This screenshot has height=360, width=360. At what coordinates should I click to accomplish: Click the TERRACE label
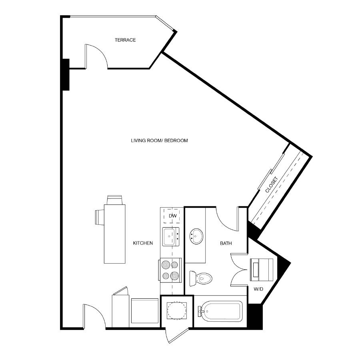click(x=125, y=40)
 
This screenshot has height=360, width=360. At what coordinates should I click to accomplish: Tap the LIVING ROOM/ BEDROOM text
click(x=159, y=140)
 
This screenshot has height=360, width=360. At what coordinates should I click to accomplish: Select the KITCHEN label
click(x=143, y=243)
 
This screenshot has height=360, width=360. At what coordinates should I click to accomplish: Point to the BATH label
click(x=226, y=243)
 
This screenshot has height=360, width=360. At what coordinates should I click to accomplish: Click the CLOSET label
click(x=272, y=184)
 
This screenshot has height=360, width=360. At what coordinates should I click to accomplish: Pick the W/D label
click(x=258, y=289)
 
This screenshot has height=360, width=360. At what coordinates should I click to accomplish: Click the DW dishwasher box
click(x=172, y=216)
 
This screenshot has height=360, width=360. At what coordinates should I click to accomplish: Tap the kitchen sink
click(x=171, y=237)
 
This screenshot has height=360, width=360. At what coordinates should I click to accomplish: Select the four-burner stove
click(x=170, y=270)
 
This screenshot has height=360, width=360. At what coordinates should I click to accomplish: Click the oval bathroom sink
click(x=196, y=236)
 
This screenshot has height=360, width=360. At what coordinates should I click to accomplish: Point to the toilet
click(x=201, y=278)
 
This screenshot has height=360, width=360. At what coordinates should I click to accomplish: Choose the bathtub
click(x=220, y=311)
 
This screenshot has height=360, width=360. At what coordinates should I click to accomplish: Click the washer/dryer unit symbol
click(x=262, y=270)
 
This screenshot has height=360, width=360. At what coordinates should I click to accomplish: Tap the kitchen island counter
click(x=114, y=234)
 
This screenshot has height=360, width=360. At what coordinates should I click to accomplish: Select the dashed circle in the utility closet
click(x=177, y=311)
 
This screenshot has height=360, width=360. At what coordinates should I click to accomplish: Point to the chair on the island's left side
click(x=100, y=217)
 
